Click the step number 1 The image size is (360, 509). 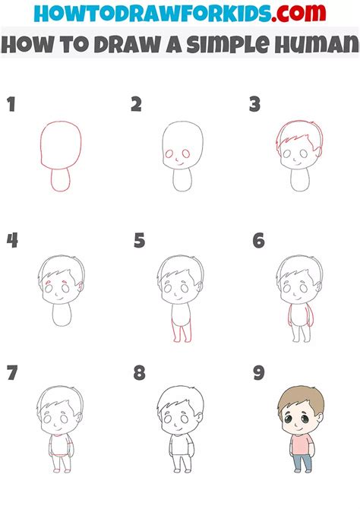pyautogui.click(x=11, y=105)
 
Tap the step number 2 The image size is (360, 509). pyautogui.click(x=137, y=105)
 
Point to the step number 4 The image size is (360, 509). pyautogui.click(x=12, y=241)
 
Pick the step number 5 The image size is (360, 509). pyautogui.click(x=139, y=241)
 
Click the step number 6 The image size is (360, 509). pyautogui.click(x=259, y=241)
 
